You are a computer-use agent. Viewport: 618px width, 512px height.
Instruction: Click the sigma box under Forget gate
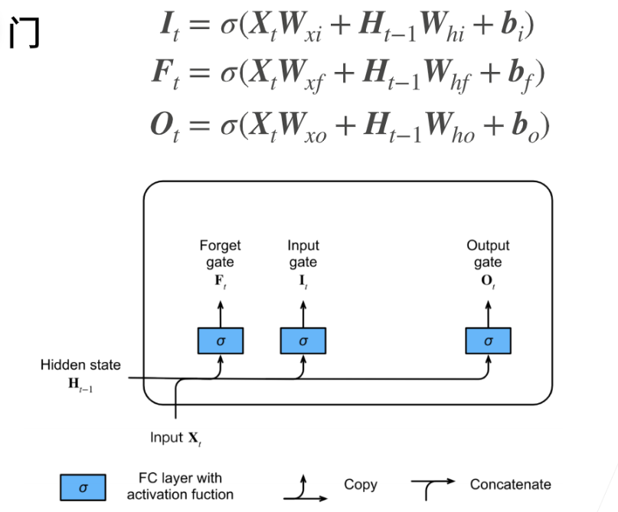(221, 341)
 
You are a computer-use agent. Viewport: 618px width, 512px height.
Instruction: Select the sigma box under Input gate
(303, 341)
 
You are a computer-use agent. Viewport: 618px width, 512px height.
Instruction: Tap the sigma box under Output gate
(489, 341)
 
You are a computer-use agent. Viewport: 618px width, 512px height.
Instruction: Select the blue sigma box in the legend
(83, 485)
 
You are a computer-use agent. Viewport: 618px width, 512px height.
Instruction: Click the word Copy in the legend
(360, 485)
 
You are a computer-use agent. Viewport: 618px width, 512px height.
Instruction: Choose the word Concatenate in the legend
(510, 485)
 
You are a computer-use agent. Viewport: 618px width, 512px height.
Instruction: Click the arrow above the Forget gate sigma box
(221, 314)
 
